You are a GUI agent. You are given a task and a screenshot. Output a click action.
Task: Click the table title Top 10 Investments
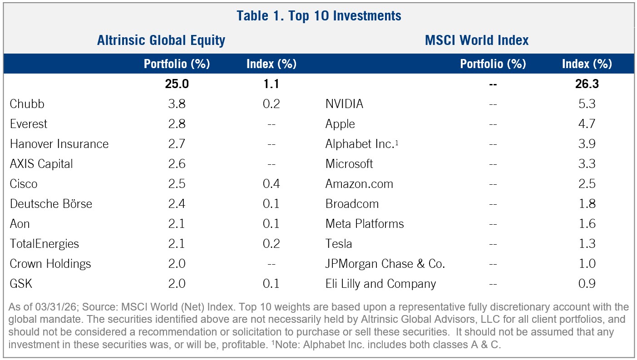point(319,16)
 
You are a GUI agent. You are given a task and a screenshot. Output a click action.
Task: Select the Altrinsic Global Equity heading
point(161,40)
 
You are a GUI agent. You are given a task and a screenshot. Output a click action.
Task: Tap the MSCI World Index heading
point(477,40)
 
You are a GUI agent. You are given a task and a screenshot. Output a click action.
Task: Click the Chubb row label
point(27,104)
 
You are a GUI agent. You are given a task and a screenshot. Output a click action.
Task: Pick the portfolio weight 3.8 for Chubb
point(176,104)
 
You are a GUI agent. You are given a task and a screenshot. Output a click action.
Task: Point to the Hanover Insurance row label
point(59,144)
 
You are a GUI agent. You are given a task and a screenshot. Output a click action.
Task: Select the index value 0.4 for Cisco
point(271,184)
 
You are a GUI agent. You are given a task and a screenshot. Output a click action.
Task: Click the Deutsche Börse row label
point(51,204)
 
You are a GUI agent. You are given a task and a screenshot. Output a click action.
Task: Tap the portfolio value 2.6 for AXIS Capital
point(176,164)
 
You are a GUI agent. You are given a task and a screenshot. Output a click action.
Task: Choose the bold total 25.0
point(176,84)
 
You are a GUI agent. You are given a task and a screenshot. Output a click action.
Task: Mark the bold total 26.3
point(587,84)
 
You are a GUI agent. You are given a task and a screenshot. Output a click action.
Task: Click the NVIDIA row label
point(344,104)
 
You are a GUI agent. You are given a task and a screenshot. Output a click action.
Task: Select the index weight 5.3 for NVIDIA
point(587,104)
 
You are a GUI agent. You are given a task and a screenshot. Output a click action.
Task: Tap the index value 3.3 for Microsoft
point(587,164)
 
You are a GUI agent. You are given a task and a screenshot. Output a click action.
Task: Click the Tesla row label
point(338,244)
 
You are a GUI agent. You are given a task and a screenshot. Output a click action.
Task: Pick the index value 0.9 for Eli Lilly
point(587,284)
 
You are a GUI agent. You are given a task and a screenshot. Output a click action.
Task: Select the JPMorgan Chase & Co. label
point(385,264)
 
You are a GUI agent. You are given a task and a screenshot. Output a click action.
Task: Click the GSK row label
point(21,284)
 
